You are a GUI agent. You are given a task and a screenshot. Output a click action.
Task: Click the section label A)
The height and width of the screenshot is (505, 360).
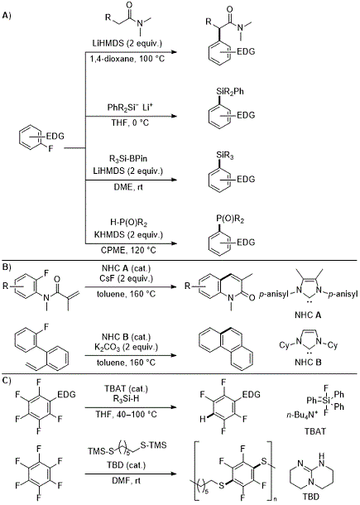(7, 16)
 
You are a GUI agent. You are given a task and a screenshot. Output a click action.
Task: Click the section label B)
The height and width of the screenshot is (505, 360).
(7, 267)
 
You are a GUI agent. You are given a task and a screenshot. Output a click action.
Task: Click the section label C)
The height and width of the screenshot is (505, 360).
(7, 380)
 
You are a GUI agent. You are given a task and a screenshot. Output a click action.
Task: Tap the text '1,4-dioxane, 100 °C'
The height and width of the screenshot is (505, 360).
(128, 59)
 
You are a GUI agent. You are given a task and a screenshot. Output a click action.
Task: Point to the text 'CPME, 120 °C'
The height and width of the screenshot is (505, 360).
(128, 250)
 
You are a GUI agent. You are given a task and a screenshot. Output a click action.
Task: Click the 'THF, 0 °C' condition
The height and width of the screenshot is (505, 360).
(128, 123)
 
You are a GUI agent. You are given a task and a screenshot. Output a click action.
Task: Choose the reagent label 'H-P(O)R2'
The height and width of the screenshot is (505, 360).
(128, 223)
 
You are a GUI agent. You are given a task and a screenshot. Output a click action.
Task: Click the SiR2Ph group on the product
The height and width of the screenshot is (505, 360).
(229, 92)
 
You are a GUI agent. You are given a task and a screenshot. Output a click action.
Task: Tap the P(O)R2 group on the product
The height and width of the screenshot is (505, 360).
(230, 220)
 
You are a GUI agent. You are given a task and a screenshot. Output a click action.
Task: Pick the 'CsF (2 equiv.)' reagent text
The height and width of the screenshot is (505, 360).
(128, 278)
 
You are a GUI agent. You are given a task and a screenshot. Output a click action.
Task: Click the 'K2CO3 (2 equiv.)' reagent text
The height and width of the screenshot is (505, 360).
(128, 348)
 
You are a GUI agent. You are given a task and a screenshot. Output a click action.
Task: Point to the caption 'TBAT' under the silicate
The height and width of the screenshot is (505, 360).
(315, 431)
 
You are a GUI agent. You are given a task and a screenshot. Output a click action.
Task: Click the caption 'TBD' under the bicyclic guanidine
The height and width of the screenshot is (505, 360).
(310, 497)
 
